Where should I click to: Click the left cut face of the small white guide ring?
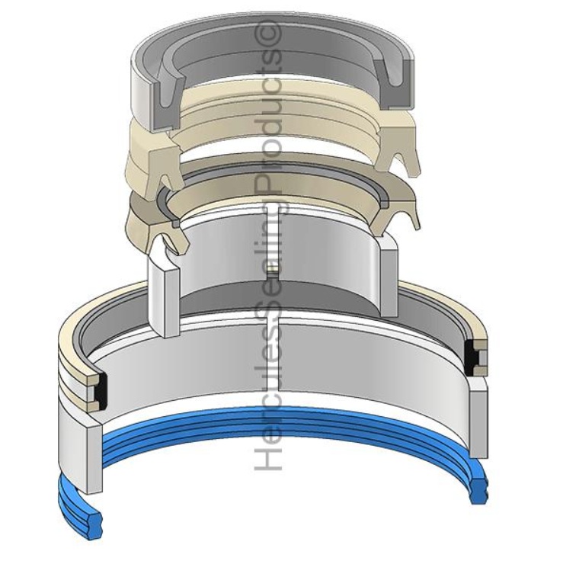tap(163, 293)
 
